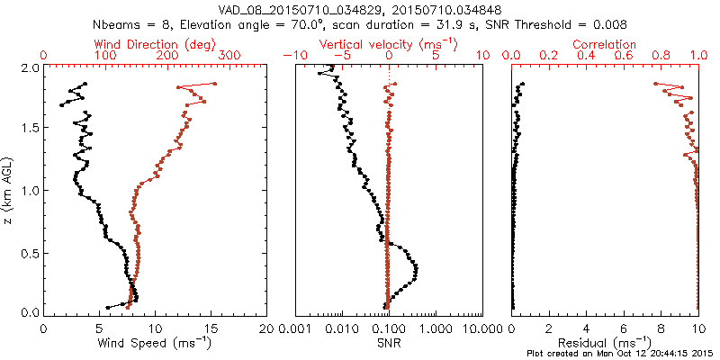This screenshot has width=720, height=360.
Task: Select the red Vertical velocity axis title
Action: click(389, 44)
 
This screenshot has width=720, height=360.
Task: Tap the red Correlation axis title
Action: click(605, 44)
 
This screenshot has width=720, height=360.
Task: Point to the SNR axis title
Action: click(389, 342)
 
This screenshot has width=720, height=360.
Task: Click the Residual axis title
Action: click(605, 342)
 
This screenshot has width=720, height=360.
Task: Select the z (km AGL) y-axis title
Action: click(8, 190)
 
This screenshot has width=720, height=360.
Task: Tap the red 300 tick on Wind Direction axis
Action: click(229, 56)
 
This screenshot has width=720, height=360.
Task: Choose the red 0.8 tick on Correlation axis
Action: click(661, 56)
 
